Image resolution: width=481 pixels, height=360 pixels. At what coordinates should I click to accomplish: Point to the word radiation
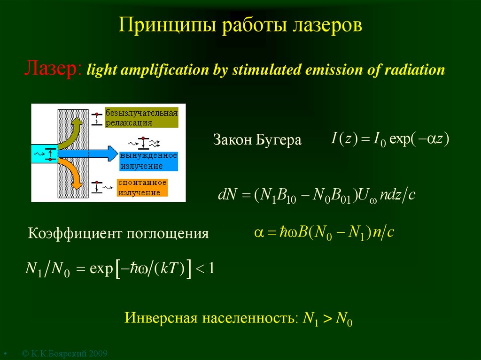tap(414, 70)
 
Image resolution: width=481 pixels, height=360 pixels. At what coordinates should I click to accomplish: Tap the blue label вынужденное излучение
tap(148, 160)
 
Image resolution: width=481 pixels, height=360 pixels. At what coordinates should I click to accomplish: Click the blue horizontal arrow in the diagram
tap(87, 153)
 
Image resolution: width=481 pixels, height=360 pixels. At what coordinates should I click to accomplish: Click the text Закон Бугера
tap(257, 140)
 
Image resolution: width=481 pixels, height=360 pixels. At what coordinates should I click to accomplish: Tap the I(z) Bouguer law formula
tap(390, 139)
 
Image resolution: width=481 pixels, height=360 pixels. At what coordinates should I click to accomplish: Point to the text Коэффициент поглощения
tap(118, 233)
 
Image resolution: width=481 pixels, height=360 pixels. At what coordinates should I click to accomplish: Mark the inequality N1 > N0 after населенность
tap(327, 319)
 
